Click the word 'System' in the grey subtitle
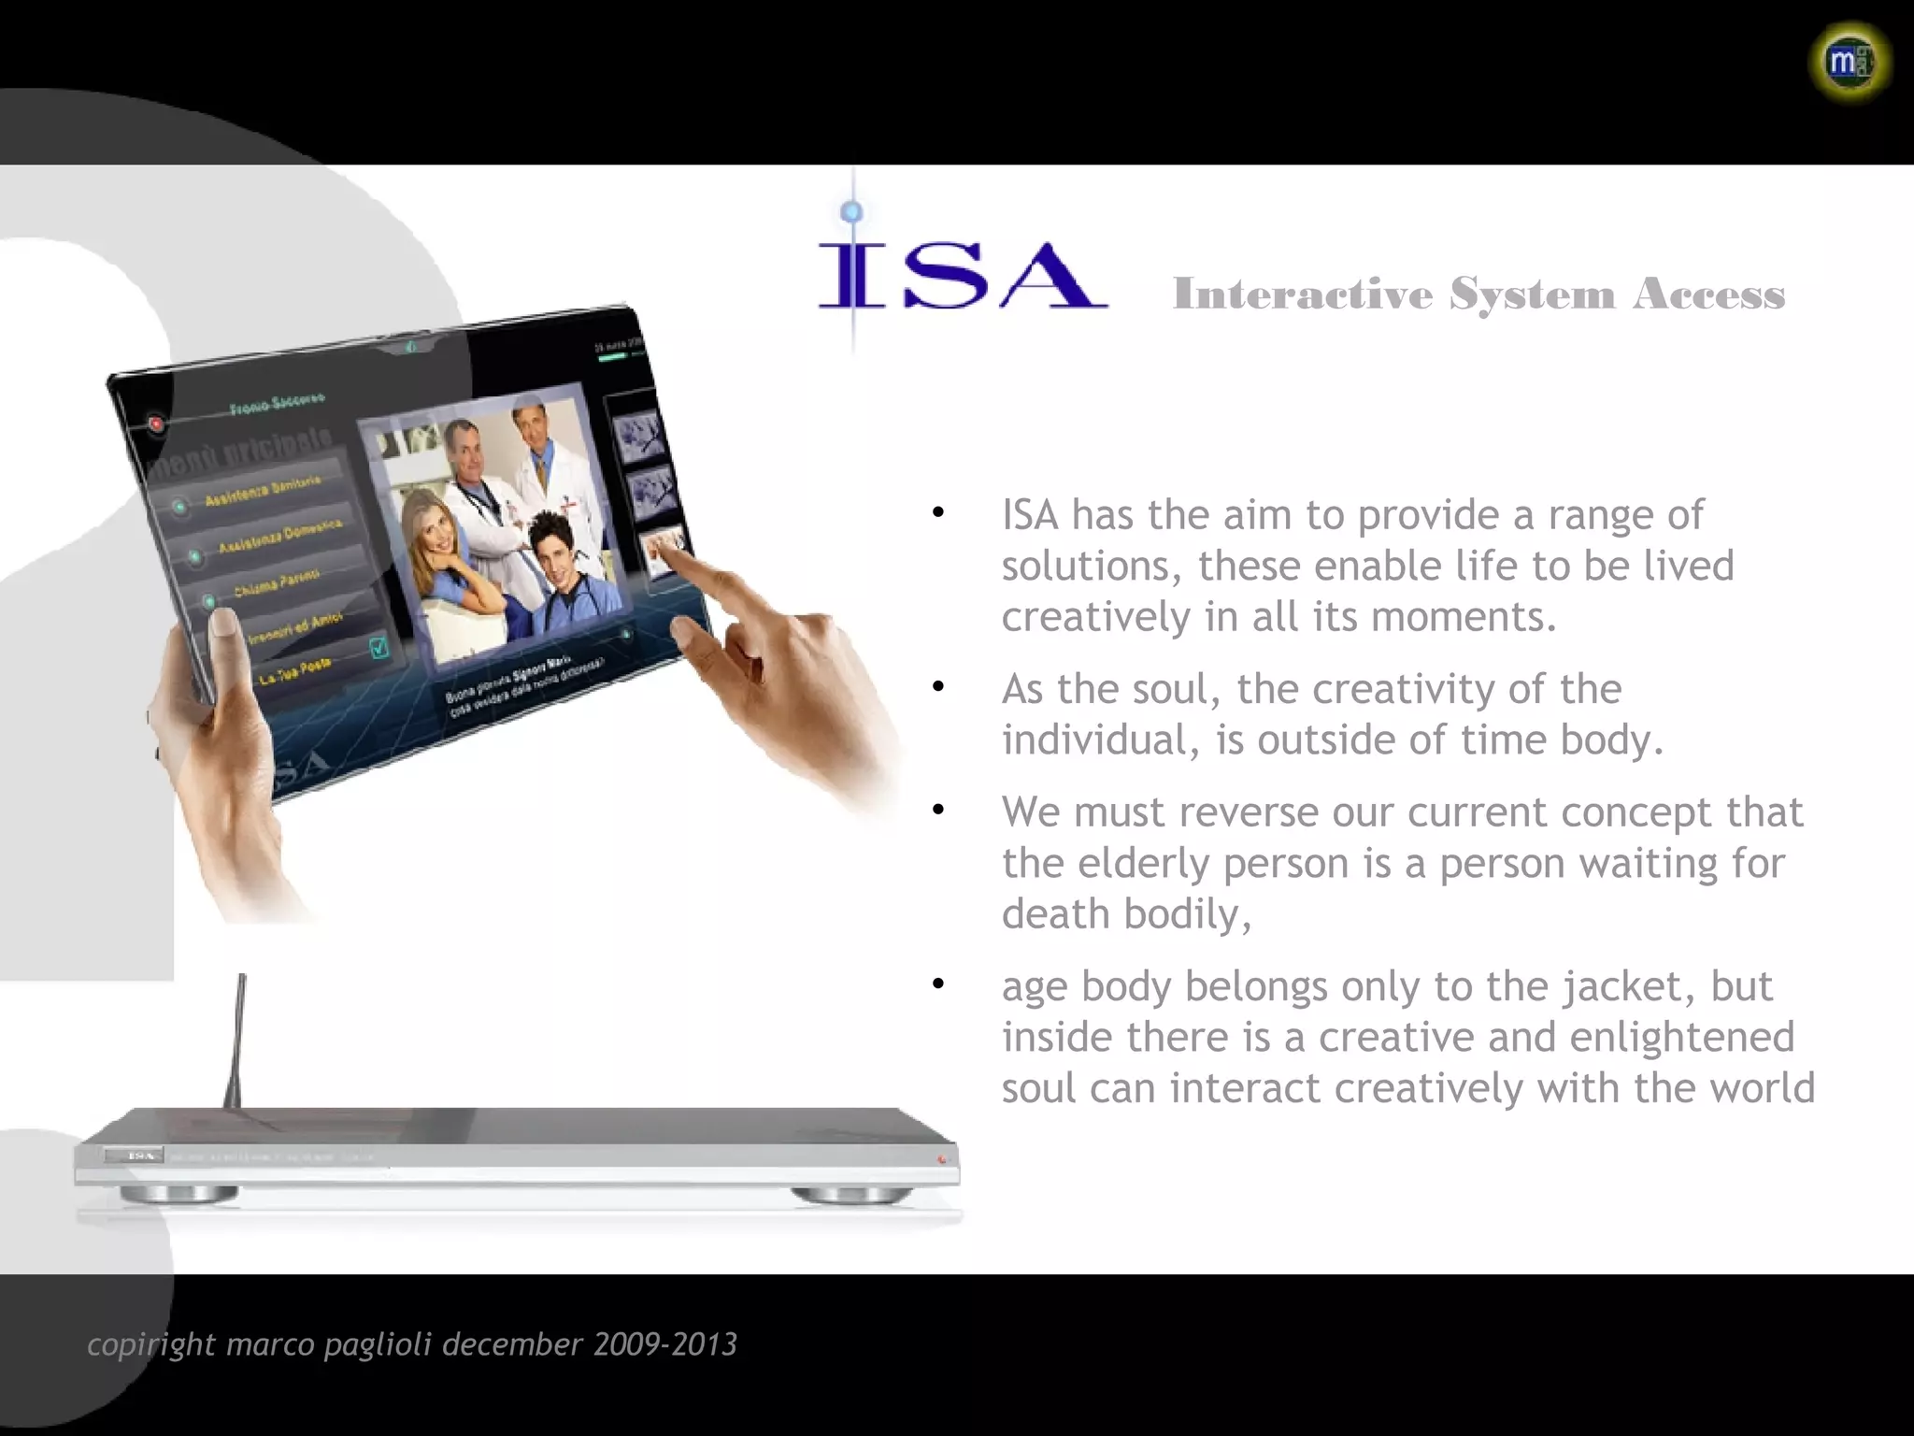click(x=1532, y=294)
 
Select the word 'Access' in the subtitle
click(x=1708, y=294)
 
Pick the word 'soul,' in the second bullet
click(x=1177, y=689)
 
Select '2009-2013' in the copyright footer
click(x=664, y=1344)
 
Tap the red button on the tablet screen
click(x=156, y=424)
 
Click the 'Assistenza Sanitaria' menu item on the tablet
click(x=263, y=490)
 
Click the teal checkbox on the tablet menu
click(x=379, y=647)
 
